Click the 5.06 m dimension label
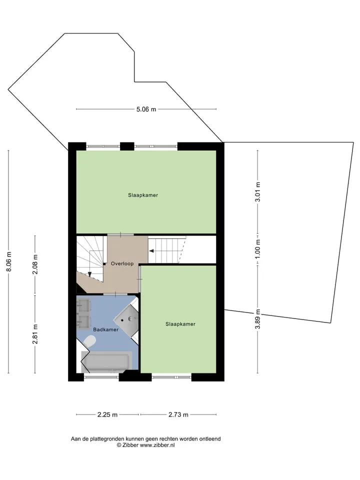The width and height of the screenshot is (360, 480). click(x=146, y=109)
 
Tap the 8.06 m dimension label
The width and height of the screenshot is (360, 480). click(x=9, y=261)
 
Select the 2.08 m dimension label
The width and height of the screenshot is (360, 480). click(x=35, y=264)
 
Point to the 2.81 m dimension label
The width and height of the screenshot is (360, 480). click(x=35, y=334)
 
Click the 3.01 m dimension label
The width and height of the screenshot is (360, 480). click(x=258, y=192)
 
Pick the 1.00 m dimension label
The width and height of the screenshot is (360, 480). click(x=258, y=248)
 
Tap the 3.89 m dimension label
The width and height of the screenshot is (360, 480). click(x=258, y=318)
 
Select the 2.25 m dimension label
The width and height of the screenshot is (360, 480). click(x=107, y=415)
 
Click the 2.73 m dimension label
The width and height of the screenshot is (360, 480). click(x=178, y=415)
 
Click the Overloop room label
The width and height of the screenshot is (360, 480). click(x=122, y=263)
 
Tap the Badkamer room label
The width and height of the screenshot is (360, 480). click(x=105, y=329)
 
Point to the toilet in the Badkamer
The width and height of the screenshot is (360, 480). click(x=89, y=341)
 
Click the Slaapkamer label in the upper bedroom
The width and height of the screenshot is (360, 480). click(x=143, y=195)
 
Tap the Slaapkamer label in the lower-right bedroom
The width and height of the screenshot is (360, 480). click(x=180, y=324)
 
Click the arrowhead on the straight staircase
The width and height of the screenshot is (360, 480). click(x=151, y=251)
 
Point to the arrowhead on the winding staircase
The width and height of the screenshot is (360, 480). click(x=89, y=274)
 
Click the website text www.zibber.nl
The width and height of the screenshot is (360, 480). click(x=157, y=445)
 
